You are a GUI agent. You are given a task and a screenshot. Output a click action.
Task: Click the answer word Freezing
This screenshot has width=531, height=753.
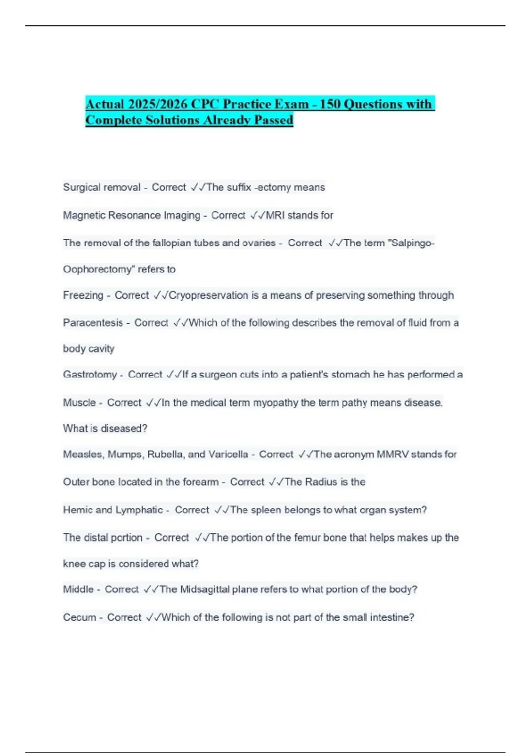83,295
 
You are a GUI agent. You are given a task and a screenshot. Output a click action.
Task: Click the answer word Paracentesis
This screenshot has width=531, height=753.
93,323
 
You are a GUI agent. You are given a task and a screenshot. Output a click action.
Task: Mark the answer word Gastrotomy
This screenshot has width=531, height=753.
90,375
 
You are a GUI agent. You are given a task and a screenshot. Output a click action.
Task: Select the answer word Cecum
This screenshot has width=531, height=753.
79,617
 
